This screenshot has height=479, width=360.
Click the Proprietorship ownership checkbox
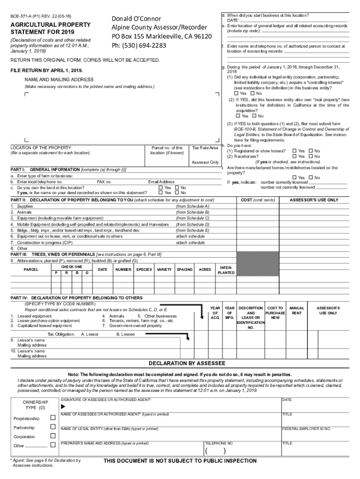tap(53, 418)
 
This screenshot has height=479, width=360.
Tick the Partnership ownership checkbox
tap(53, 428)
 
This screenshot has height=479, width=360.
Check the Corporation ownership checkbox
tap(53, 436)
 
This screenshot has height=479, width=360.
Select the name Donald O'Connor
tap(136, 19)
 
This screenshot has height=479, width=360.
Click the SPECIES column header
tap(144, 269)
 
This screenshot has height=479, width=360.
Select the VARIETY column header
tap(164, 269)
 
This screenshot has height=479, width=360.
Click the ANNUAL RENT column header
tap(296, 311)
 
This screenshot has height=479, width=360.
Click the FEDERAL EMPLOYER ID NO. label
tap(306, 428)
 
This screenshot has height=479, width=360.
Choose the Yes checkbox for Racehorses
tap(294, 156)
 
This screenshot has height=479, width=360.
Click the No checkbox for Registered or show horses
tap(310, 151)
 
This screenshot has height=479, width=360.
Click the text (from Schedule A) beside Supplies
tap(192, 206)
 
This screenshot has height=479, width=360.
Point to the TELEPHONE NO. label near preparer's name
tap(219, 443)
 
